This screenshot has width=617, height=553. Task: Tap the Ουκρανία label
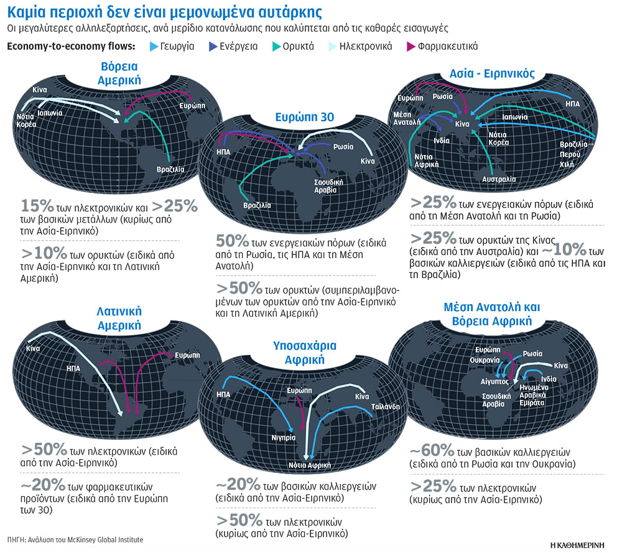486,360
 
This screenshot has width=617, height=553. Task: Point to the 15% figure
32,207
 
